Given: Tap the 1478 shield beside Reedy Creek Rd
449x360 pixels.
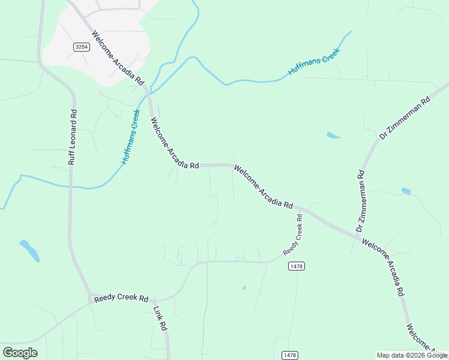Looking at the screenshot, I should [x=295, y=266].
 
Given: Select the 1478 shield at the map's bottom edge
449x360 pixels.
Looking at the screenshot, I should [x=289, y=355].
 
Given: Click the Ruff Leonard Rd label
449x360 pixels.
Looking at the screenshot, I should [x=73, y=137].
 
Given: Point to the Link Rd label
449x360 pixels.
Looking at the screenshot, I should [x=160, y=319].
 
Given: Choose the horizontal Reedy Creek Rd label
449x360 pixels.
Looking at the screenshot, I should [x=121, y=298].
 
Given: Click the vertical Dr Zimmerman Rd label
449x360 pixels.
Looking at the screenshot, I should [x=360, y=201].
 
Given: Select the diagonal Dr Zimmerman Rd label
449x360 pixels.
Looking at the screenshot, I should [x=405, y=118].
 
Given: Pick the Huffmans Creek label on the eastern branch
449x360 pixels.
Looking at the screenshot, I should [x=314, y=61].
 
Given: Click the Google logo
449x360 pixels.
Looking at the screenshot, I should [x=20, y=353].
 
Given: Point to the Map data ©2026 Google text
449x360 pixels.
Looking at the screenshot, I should [x=411, y=355].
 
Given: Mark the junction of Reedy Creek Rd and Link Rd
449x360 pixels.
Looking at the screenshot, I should [x=154, y=299].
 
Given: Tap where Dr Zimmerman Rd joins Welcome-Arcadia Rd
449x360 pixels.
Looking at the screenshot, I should [x=358, y=239].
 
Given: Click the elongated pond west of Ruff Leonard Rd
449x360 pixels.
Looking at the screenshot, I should [x=29, y=250].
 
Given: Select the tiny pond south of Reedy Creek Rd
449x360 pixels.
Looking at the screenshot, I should [x=244, y=287].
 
